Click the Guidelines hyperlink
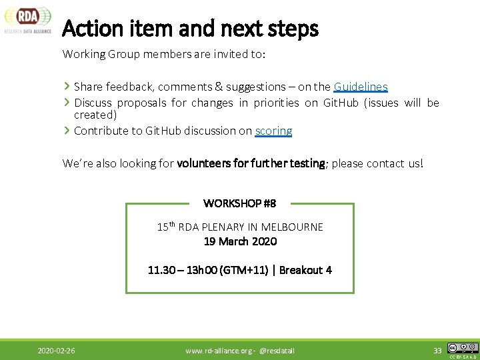point(361,87)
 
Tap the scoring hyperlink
point(273,131)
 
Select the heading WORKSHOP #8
point(239,203)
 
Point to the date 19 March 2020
point(240,241)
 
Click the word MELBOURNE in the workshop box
point(292,227)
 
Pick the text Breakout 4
point(305,270)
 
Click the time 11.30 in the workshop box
point(161,270)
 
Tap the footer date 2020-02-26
point(56,350)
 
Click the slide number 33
point(437,350)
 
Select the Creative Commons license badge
point(463,348)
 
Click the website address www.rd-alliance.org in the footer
point(217,350)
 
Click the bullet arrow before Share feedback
point(67,86)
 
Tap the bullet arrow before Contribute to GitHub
point(67,130)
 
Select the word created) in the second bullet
point(95,115)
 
